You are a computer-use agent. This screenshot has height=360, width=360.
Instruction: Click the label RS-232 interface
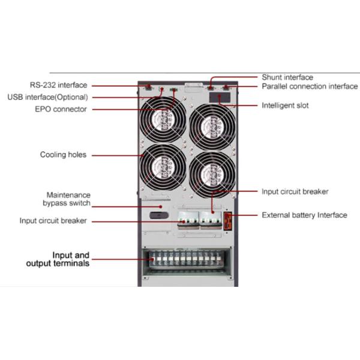click(58, 85)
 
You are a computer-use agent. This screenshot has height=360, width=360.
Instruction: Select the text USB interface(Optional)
click(48, 97)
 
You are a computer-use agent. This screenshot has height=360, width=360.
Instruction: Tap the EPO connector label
click(60, 109)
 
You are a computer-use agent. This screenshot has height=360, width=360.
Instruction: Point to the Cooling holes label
click(63, 155)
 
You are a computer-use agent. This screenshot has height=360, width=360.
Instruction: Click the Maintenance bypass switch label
click(68, 199)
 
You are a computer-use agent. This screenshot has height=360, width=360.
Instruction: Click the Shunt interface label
click(287, 77)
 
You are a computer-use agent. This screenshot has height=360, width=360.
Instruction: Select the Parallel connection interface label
click(310, 86)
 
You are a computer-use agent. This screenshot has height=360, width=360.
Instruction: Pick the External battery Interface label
click(304, 215)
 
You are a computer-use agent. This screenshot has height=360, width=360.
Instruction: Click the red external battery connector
click(229, 220)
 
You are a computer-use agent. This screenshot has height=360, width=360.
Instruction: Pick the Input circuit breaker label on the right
click(295, 192)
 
